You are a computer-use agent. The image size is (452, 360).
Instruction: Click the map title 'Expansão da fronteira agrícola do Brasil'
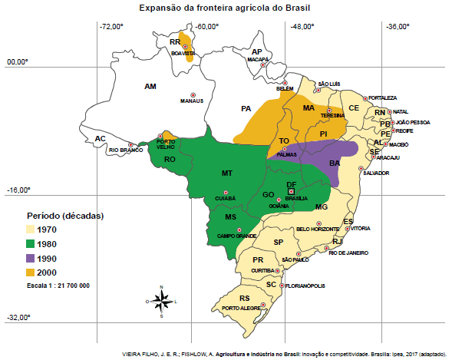pyautogui.click(x=226, y=8)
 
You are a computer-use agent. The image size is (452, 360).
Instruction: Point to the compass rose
pyautogui.click(x=161, y=302)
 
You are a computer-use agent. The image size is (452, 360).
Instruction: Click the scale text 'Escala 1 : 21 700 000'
pyautogui.click(x=57, y=286)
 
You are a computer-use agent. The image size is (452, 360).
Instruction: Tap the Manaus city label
pyautogui.click(x=191, y=101)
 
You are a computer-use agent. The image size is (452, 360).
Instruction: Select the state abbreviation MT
pyautogui.click(x=227, y=173)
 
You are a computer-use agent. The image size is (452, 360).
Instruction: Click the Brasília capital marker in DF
pyautogui.click(x=291, y=192)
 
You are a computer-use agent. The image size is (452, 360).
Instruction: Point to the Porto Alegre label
pyautogui.click(x=239, y=309)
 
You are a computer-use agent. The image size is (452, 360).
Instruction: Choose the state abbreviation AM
pyautogui.click(x=150, y=87)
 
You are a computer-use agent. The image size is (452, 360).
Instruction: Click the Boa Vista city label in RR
pyautogui.click(x=184, y=54)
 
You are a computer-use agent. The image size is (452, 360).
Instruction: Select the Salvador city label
pyautogui.click(x=376, y=173)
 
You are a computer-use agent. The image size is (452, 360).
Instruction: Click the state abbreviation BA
pyautogui.click(x=335, y=163)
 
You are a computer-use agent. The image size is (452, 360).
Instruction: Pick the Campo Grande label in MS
pyautogui.click(x=236, y=236)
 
